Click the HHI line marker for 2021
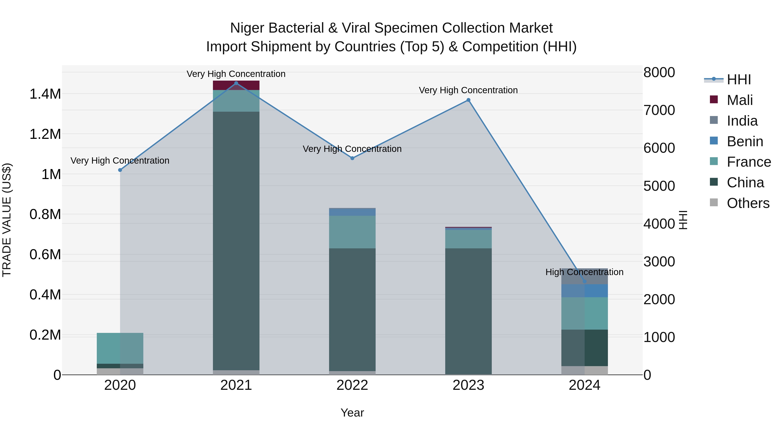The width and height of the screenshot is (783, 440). click(236, 83)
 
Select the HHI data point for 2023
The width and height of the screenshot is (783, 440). click(468, 100)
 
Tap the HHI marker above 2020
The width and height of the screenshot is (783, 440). click(120, 170)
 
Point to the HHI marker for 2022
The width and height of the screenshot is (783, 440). click(352, 158)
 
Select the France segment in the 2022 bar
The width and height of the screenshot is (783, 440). click(352, 232)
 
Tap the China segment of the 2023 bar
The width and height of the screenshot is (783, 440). click(468, 311)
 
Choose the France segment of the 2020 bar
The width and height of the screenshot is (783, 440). click(120, 348)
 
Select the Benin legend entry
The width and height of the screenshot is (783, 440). click(745, 141)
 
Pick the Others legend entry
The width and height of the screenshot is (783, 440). click(748, 203)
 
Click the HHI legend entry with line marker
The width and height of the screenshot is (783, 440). click(739, 80)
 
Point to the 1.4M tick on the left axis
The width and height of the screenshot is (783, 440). click(45, 94)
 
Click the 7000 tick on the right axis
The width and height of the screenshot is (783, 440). click(659, 110)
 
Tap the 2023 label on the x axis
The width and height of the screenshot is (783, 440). click(468, 385)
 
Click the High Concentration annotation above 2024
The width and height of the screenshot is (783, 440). click(584, 272)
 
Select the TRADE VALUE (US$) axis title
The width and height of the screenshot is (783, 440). click(7, 220)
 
